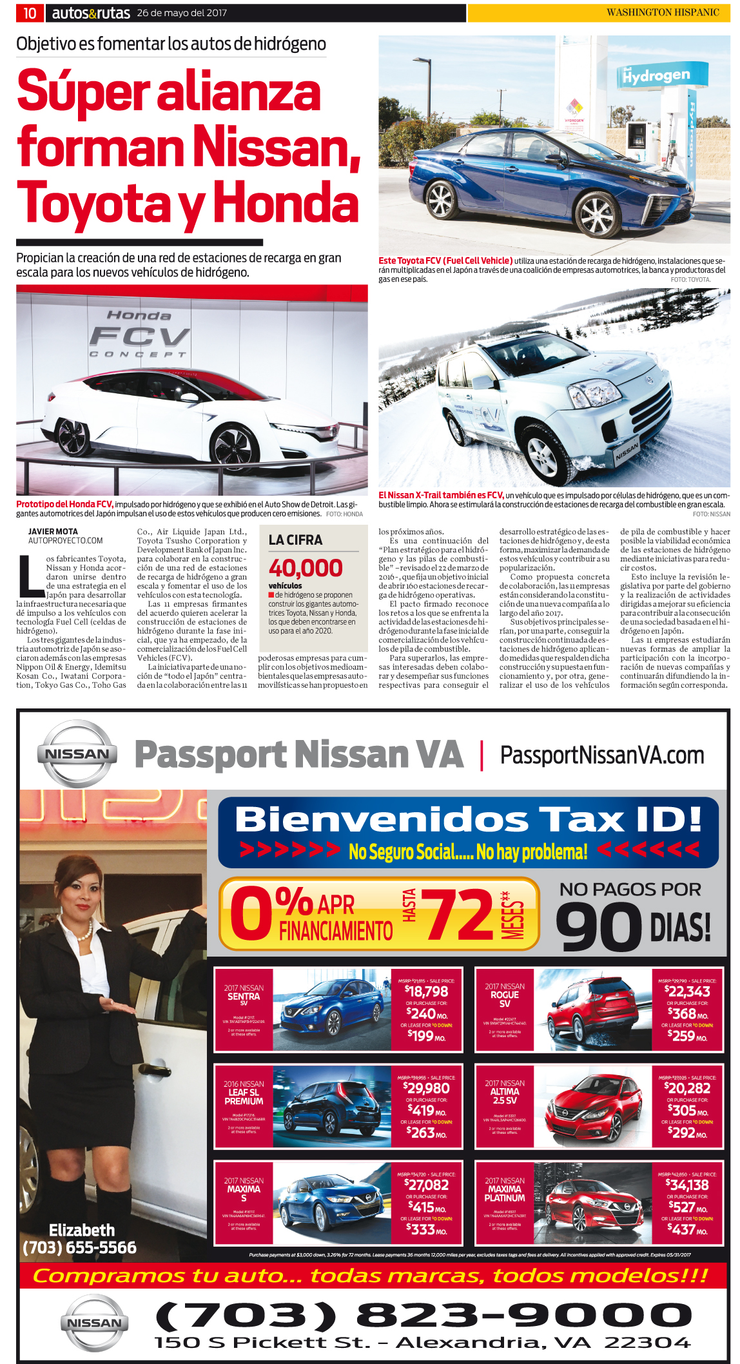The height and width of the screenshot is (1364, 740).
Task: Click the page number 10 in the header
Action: coord(30,13)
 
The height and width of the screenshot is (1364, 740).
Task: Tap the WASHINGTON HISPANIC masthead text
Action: coord(662,12)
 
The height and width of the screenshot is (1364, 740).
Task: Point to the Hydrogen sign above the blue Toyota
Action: coord(656,76)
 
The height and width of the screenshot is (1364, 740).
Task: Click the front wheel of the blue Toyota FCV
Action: coord(596,215)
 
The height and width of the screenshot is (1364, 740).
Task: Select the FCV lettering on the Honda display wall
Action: coord(139,336)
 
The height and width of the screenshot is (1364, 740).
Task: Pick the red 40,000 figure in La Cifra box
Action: coord(306,568)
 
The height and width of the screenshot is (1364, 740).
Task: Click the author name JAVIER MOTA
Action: coord(53,532)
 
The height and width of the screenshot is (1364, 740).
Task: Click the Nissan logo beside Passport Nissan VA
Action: coord(78,754)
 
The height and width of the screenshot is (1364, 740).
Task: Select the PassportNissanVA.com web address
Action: coord(602,755)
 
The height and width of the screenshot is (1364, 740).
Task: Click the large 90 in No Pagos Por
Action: coord(598,926)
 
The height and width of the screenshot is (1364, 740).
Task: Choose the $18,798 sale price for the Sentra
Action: coord(427,991)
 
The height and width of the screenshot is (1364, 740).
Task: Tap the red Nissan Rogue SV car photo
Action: coord(592,1010)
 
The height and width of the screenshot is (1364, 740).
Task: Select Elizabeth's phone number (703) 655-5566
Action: coord(79,1247)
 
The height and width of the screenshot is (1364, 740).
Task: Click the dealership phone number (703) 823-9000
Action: coord(423,1315)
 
